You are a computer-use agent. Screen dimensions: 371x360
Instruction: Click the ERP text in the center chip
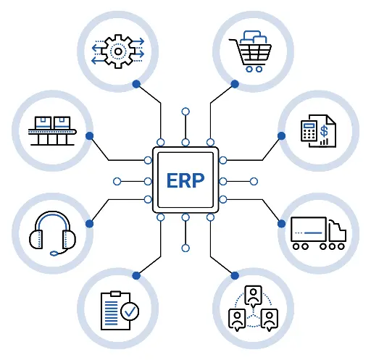(x=185, y=180)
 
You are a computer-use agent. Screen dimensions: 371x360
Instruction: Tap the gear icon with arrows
(x=118, y=51)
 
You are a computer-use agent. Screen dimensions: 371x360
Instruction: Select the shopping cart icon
(x=250, y=51)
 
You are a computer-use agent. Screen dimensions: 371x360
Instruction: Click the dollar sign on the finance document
(x=324, y=131)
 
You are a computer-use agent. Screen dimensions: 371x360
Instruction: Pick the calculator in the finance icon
(x=309, y=130)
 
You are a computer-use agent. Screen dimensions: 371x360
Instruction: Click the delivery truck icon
(x=318, y=233)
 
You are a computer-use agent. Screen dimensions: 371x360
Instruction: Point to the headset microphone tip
(x=54, y=254)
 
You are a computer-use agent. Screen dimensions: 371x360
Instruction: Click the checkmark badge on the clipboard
(x=130, y=311)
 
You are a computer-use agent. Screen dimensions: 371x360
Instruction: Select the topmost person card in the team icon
(x=253, y=296)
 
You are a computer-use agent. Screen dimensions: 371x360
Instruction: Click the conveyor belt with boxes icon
(x=52, y=131)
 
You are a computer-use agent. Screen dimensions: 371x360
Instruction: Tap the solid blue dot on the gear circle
(x=136, y=84)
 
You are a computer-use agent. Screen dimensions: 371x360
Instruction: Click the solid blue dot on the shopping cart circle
(x=235, y=84)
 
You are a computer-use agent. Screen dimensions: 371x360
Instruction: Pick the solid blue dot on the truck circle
(x=281, y=224)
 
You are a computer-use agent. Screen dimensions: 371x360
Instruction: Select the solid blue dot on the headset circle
(x=89, y=224)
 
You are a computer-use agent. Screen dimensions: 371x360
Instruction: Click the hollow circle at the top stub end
(x=185, y=112)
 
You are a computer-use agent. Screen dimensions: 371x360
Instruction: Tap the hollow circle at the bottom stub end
(x=185, y=248)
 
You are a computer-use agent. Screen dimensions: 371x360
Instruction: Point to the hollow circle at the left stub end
(x=117, y=181)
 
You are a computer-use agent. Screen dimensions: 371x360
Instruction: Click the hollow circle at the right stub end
(x=254, y=181)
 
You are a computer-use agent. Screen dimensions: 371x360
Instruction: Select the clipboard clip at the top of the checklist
(x=115, y=294)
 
